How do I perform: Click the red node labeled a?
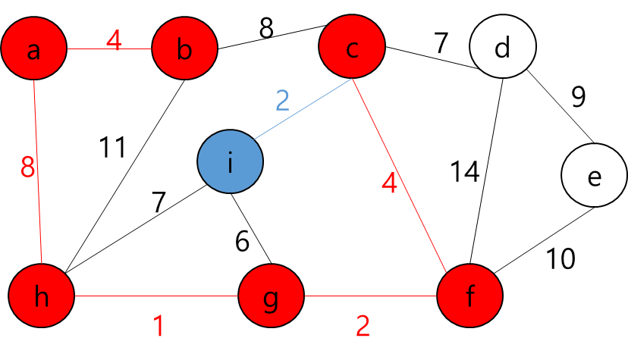point(33,49)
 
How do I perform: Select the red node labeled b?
point(184,49)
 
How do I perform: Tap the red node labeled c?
point(352,48)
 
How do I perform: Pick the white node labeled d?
point(502,48)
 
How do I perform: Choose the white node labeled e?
point(594,176)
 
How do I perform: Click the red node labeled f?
point(469,296)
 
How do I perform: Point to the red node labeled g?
point(271,296)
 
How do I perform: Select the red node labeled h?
point(42,296)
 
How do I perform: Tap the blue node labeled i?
point(230,161)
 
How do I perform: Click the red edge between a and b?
point(137,49)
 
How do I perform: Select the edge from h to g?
point(155,296)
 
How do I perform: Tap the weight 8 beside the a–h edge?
point(27,167)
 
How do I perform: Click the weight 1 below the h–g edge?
point(159,327)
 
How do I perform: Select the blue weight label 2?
point(282,100)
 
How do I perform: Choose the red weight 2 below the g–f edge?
point(363,327)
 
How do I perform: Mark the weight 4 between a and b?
point(114,40)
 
